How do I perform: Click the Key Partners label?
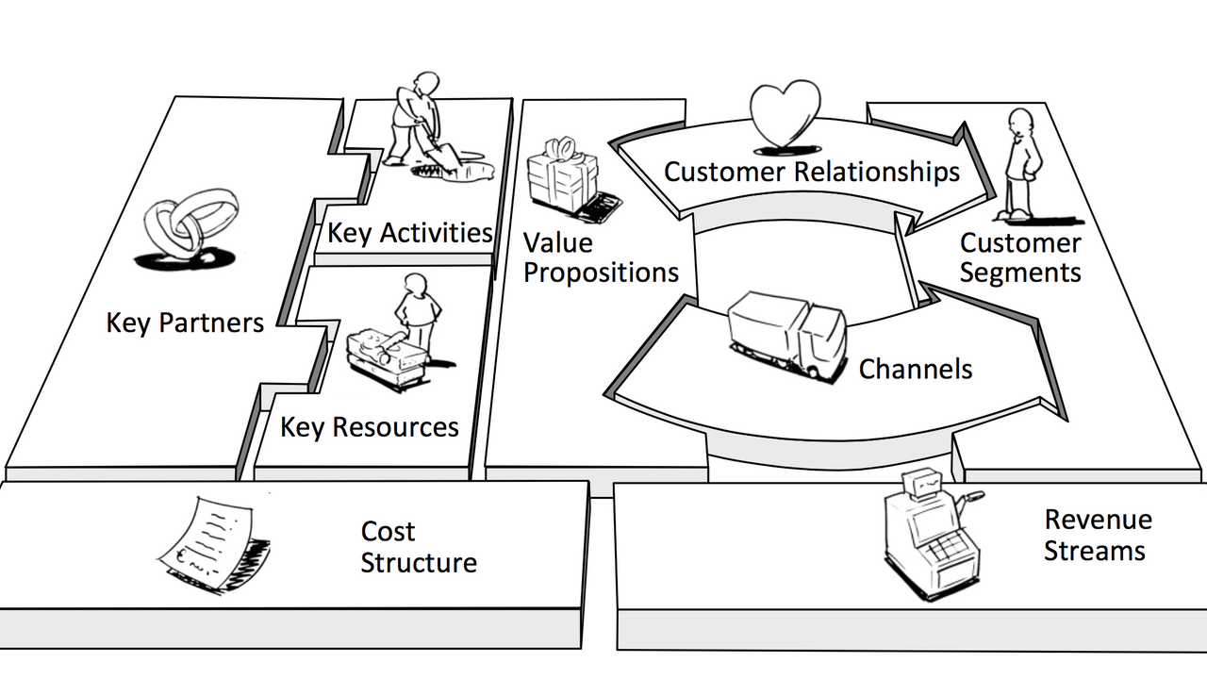(x=184, y=323)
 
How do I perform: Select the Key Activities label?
(x=409, y=233)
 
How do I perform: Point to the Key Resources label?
(x=369, y=427)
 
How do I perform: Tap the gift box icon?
(x=562, y=174)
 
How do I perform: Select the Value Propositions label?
(x=601, y=258)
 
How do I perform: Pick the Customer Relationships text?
(x=811, y=172)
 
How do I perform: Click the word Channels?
(x=915, y=368)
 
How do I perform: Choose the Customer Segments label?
(x=1020, y=257)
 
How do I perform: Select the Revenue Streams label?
(x=1097, y=535)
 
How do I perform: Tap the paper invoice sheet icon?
(x=211, y=542)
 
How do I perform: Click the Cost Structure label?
(x=418, y=547)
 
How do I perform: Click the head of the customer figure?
(x=1019, y=123)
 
